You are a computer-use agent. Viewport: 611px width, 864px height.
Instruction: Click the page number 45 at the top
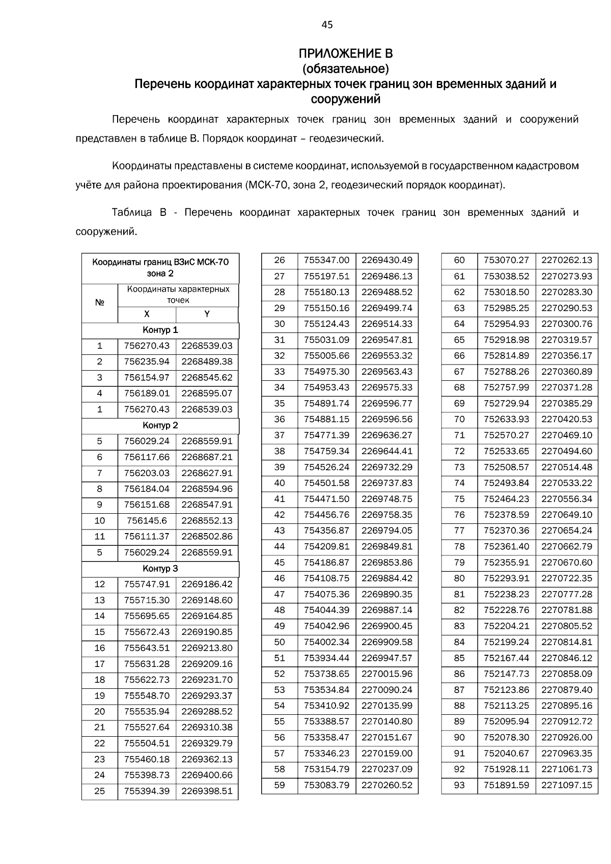click(327, 24)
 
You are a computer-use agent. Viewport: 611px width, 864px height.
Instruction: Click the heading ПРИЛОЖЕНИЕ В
click(345, 53)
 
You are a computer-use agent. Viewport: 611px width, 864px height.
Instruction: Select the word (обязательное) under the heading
click(345, 68)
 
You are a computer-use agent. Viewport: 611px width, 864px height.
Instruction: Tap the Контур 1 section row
click(160, 330)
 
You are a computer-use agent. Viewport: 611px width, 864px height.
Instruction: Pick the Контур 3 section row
click(160, 568)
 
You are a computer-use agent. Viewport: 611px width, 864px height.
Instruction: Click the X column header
click(147, 314)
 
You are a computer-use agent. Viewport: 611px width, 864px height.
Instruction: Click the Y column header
click(207, 314)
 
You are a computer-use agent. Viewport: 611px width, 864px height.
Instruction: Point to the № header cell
click(100, 302)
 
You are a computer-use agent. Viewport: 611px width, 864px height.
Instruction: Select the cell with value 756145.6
click(147, 520)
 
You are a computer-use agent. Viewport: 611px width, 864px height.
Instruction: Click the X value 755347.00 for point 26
click(326, 260)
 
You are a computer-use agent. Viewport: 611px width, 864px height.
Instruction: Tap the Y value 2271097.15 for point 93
click(567, 785)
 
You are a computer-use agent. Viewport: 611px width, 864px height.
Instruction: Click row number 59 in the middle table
click(280, 785)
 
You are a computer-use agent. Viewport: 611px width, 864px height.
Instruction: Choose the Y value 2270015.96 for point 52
click(386, 674)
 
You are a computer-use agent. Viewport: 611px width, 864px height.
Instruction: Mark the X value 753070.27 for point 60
click(506, 260)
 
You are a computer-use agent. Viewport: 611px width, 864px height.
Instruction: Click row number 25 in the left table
click(100, 791)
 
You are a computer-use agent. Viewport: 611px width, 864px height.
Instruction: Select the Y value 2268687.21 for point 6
click(207, 457)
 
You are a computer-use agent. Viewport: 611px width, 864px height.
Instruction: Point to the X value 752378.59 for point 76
click(506, 515)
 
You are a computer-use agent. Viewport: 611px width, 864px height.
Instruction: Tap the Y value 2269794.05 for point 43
click(386, 531)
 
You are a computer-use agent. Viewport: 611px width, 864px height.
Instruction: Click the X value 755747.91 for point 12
click(147, 584)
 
